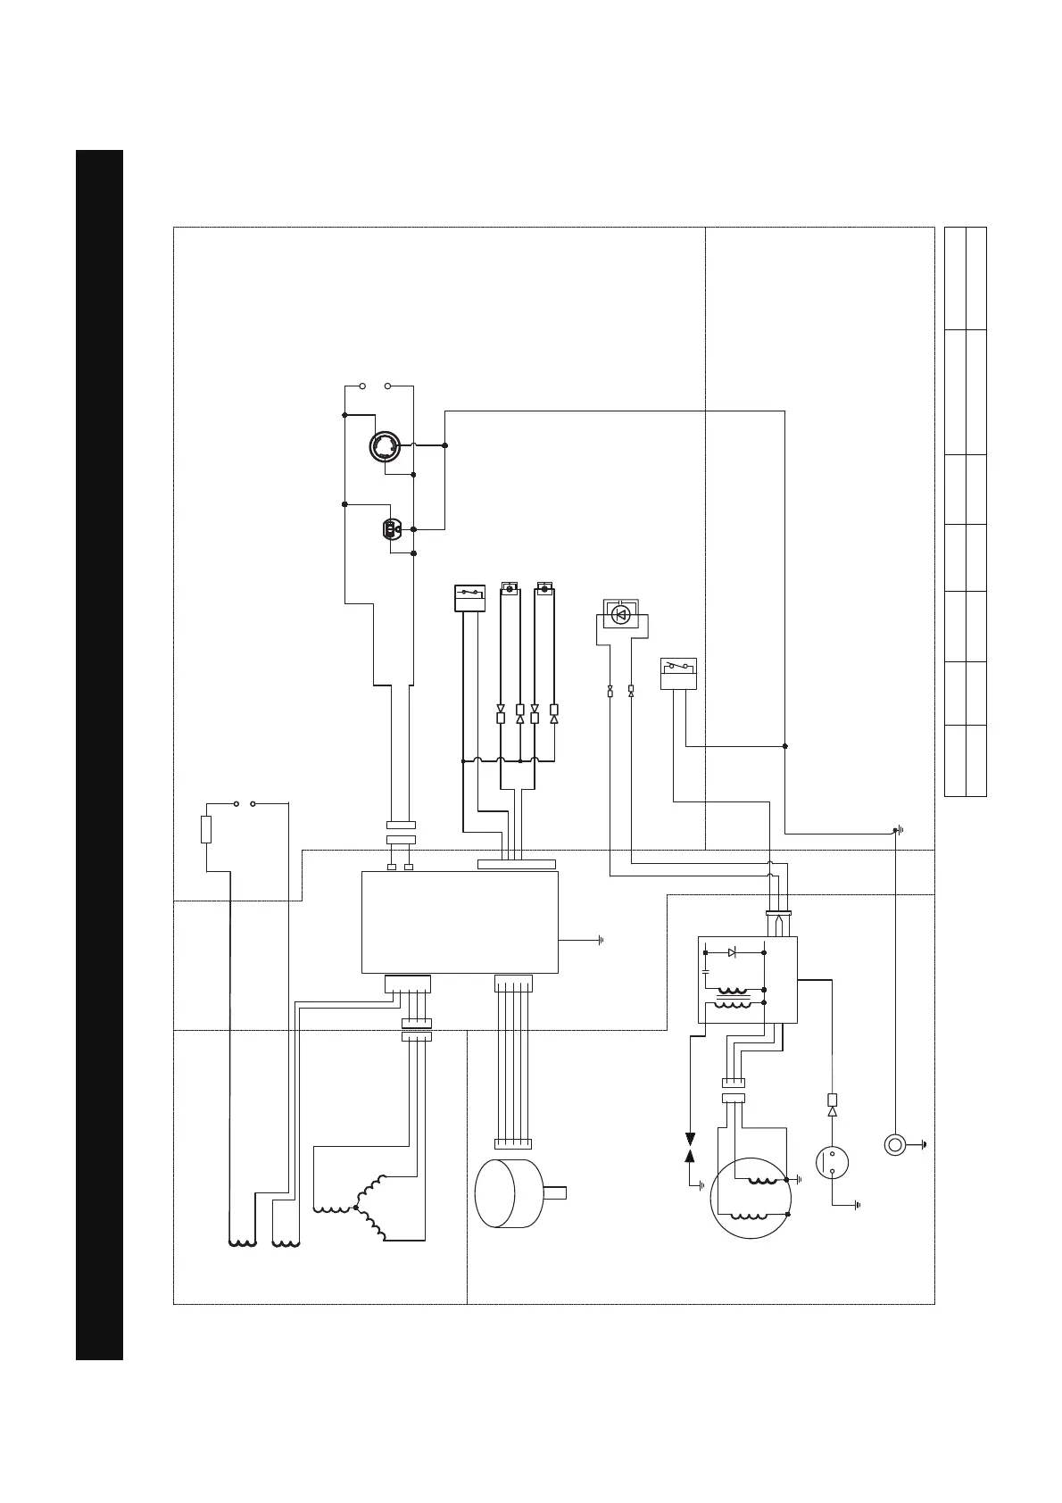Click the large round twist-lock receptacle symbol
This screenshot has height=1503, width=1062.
386,446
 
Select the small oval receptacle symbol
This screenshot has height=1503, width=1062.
390,530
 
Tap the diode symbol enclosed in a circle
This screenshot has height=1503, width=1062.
622,614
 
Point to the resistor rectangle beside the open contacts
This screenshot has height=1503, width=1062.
206,829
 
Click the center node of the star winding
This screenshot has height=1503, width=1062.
355,1208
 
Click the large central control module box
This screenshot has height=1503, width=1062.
460,922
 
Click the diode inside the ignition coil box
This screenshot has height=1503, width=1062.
732,953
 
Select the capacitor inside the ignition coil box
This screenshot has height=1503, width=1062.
706,969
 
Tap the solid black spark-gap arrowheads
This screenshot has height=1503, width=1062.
690,1148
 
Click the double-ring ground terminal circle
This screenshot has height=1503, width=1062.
895,1144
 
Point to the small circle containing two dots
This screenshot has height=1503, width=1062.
832,1162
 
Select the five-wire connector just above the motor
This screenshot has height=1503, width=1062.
512,1143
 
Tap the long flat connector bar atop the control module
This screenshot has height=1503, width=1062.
517,864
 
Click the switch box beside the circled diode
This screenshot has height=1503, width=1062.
678,674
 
